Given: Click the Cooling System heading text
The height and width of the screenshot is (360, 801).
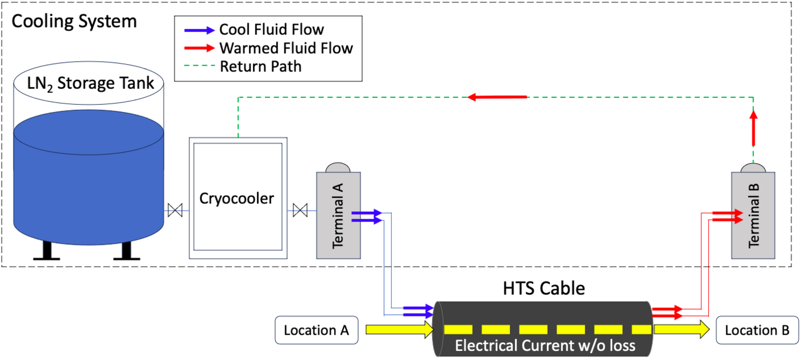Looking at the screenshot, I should click(74, 22).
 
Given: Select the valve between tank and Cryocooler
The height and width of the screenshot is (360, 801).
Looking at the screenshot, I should click(175, 211).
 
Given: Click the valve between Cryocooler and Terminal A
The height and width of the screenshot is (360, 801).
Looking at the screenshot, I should click(300, 211).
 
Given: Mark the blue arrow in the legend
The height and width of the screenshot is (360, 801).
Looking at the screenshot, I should click(198, 30).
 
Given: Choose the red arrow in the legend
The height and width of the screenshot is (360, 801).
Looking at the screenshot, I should click(198, 48).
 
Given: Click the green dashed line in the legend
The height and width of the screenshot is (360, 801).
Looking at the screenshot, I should click(198, 66).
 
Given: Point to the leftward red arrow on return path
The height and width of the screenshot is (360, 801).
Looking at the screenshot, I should click(497, 97).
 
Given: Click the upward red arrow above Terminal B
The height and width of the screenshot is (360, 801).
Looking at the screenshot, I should click(754, 128).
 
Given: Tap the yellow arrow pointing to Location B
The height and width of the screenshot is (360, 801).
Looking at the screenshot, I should click(682, 330).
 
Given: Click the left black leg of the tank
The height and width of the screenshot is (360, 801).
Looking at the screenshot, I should click(46, 251).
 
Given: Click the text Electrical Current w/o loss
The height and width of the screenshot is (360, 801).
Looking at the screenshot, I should click(545, 346).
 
